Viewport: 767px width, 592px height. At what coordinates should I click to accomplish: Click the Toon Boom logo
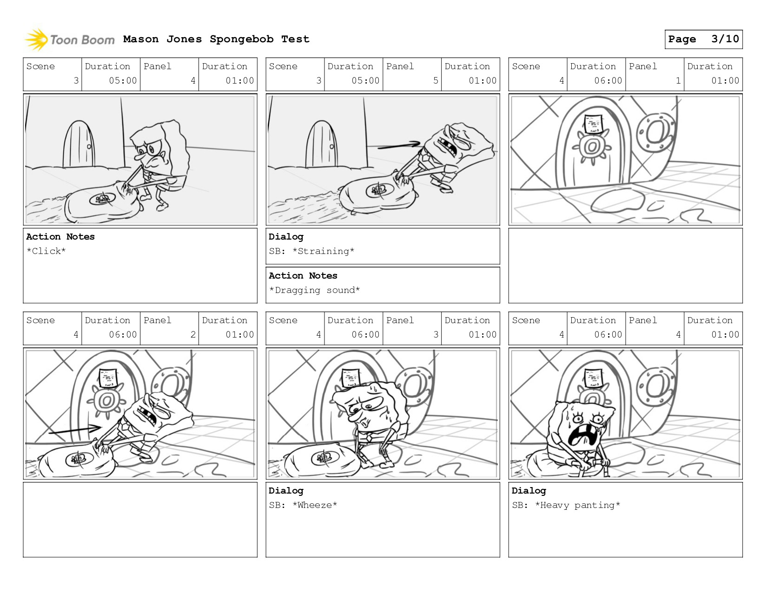tap(70, 39)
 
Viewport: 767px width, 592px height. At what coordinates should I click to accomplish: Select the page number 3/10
tap(725, 39)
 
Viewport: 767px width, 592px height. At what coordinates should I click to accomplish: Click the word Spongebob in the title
tap(241, 39)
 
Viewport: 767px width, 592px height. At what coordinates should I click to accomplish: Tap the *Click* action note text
tap(46, 251)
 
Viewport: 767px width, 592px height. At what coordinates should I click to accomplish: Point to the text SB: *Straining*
tap(311, 251)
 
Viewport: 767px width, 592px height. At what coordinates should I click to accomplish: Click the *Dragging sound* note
tap(315, 290)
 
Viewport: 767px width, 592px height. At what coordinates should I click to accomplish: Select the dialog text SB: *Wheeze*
tap(303, 505)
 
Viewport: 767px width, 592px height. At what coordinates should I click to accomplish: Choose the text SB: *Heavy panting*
tap(566, 505)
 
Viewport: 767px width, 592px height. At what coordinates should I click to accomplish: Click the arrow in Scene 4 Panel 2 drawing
tap(75, 429)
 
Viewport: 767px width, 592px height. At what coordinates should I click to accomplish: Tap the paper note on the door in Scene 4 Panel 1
tap(593, 124)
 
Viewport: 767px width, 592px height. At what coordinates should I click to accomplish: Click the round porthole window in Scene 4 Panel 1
tap(656, 132)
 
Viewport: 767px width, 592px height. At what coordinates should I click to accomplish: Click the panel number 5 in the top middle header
tap(436, 81)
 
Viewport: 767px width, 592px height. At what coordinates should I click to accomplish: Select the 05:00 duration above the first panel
tap(122, 81)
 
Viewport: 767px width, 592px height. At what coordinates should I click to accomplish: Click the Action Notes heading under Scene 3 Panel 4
tap(60, 237)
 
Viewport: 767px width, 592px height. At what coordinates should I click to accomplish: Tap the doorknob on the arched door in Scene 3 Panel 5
tap(331, 146)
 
